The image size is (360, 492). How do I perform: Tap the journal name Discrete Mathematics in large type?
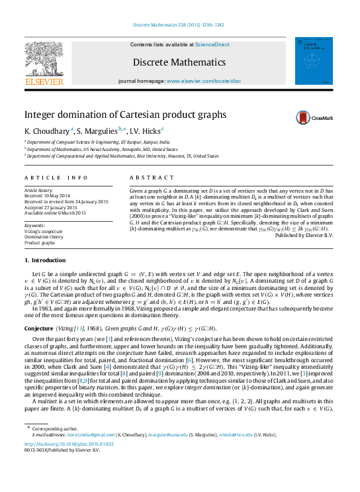[179, 62]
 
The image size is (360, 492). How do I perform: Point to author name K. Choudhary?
[46, 130]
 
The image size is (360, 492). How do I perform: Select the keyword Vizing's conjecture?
[46, 230]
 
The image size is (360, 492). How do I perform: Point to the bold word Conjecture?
[38, 328]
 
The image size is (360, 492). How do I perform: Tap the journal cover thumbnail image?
[316, 59]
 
